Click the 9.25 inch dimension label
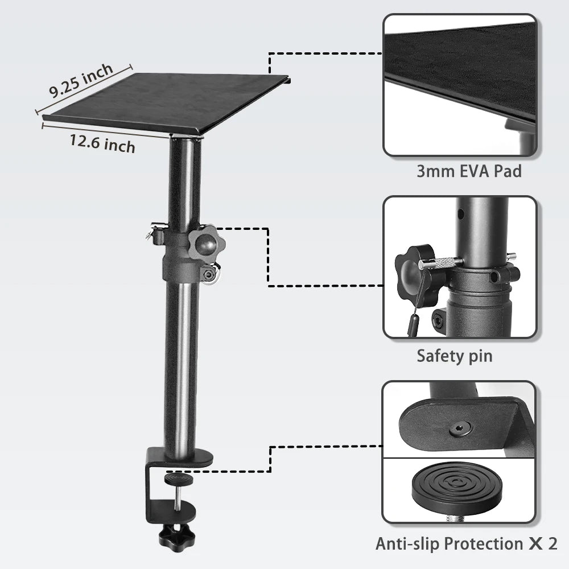pyautogui.click(x=81, y=81)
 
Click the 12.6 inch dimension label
pyautogui.click(x=102, y=144)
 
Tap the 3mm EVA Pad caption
pyautogui.click(x=469, y=171)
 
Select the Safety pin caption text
pyautogui.click(x=454, y=356)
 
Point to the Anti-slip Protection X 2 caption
pyautogui.click(x=467, y=543)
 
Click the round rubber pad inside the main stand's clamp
pyautogui.click(x=179, y=479)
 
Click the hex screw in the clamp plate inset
pyautogui.click(x=459, y=430)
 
